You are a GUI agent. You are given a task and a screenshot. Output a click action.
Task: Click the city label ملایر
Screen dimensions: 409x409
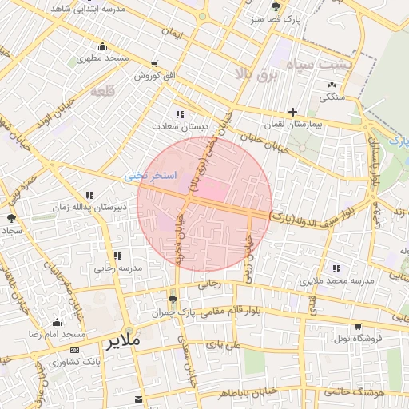click(121, 341)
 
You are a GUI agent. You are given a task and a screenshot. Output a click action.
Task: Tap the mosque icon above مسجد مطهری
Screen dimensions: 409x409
click(102, 46)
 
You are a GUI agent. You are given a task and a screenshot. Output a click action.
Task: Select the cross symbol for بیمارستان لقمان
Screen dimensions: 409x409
click(292, 112)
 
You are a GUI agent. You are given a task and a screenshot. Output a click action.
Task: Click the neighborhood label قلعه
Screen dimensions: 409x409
click(104, 92)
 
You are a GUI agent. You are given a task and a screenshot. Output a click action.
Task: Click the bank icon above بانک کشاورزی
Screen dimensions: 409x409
click(75, 350)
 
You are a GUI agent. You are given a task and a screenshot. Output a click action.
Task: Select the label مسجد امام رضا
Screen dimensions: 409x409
click(57, 333)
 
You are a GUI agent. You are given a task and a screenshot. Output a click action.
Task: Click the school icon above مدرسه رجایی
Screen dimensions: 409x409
click(117, 256)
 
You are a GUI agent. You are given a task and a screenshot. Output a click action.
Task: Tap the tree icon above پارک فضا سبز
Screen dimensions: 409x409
click(276, 6)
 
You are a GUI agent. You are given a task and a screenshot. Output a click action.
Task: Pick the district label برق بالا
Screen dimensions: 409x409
click(256, 73)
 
